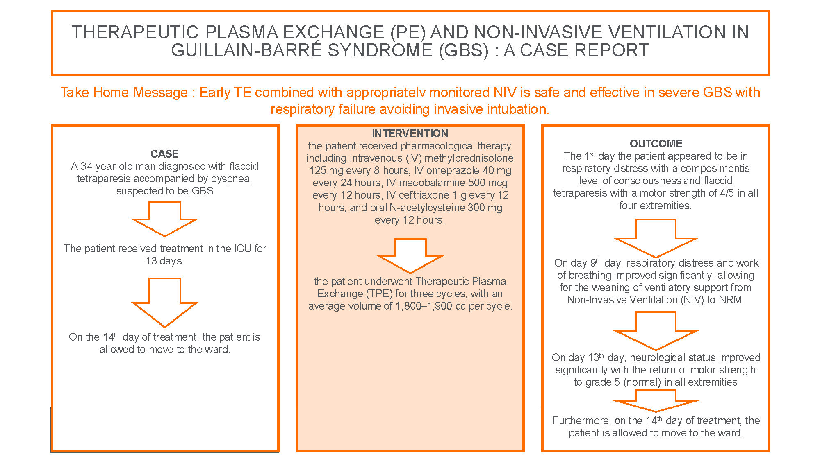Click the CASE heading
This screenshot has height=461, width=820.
(x=164, y=154)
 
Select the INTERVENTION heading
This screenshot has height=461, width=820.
(x=410, y=133)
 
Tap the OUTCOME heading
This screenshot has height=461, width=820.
(x=656, y=144)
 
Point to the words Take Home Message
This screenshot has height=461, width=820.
(x=124, y=93)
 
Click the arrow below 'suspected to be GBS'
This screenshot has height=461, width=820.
(x=165, y=219)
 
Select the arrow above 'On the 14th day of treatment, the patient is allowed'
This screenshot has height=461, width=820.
(x=165, y=303)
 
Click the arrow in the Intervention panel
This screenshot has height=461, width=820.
(x=410, y=256)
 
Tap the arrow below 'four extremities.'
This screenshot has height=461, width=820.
(x=656, y=238)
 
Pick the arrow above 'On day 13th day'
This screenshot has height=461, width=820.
(x=656, y=331)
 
